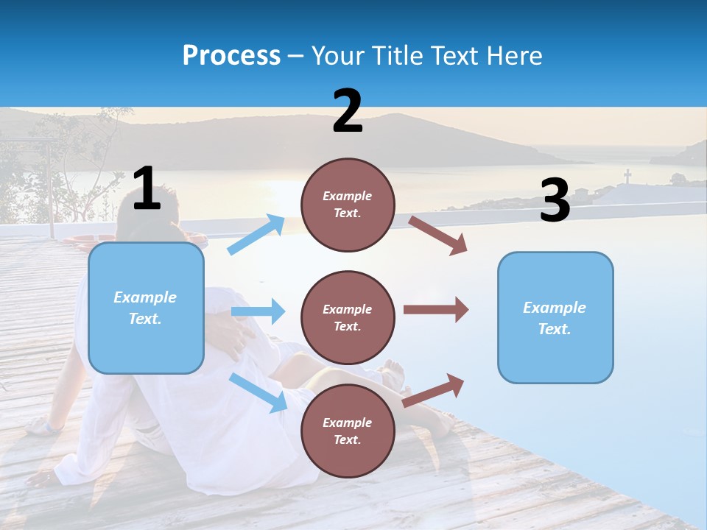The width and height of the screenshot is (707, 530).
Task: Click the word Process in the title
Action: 231,56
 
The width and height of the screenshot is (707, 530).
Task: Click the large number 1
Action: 147,189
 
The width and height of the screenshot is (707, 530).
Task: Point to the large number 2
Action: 348,112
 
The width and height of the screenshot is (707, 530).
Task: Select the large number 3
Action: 555,202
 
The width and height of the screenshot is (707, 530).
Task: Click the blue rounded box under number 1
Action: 146,308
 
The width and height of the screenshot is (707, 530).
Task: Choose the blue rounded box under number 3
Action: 555,317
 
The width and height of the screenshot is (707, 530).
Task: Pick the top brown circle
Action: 348,205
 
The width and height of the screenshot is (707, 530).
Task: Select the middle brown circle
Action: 348,317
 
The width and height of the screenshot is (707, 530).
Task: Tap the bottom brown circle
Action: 348,431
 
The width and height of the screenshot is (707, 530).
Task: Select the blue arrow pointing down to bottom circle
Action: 258,392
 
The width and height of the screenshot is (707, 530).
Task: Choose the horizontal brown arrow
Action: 435,310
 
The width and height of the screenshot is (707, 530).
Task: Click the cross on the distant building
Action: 627,177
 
